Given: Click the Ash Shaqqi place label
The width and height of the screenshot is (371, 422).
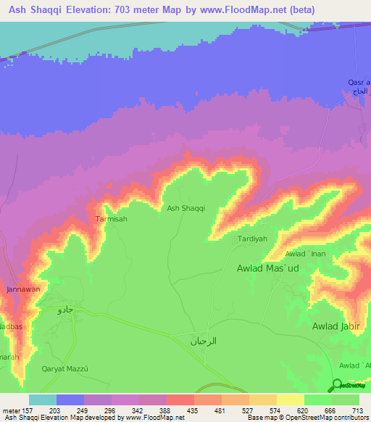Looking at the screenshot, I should (x=186, y=208).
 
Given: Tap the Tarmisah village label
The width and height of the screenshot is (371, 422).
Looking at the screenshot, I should (x=112, y=218).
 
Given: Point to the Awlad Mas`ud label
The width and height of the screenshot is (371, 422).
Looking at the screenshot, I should (x=268, y=268).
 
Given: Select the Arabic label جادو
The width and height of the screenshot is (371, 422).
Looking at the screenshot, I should (x=65, y=310).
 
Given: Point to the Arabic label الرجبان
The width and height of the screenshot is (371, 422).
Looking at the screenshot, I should (x=204, y=341).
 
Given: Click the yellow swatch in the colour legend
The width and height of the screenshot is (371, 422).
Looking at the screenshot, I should (x=290, y=400).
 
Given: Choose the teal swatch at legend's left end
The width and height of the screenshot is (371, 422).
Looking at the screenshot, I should (x=43, y=400).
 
